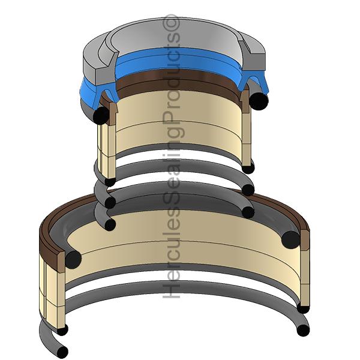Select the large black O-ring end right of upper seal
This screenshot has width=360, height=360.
(259, 101)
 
